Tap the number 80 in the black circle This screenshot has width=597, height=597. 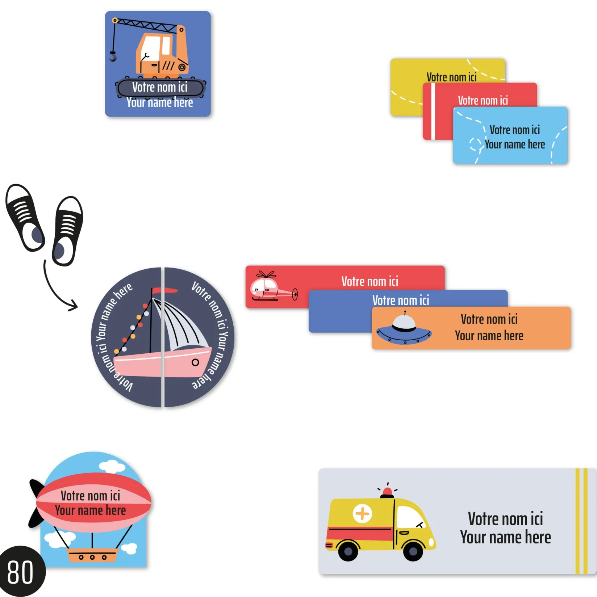tap(20, 572)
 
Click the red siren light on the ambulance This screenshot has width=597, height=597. tap(387, 492)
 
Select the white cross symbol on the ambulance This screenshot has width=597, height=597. tap(362, 513)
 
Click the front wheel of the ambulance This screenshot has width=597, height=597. tap(413, 551)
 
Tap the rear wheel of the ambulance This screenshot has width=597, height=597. tap(348, 551)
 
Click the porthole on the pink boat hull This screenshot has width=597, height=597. tap(195, 362)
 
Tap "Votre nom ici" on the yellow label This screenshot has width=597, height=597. tap(451, 77)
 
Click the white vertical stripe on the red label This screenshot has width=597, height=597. tap(433, 112)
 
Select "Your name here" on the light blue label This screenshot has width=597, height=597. tap(514, 144)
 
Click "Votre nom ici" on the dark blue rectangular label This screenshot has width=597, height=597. tap(401, 300)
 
